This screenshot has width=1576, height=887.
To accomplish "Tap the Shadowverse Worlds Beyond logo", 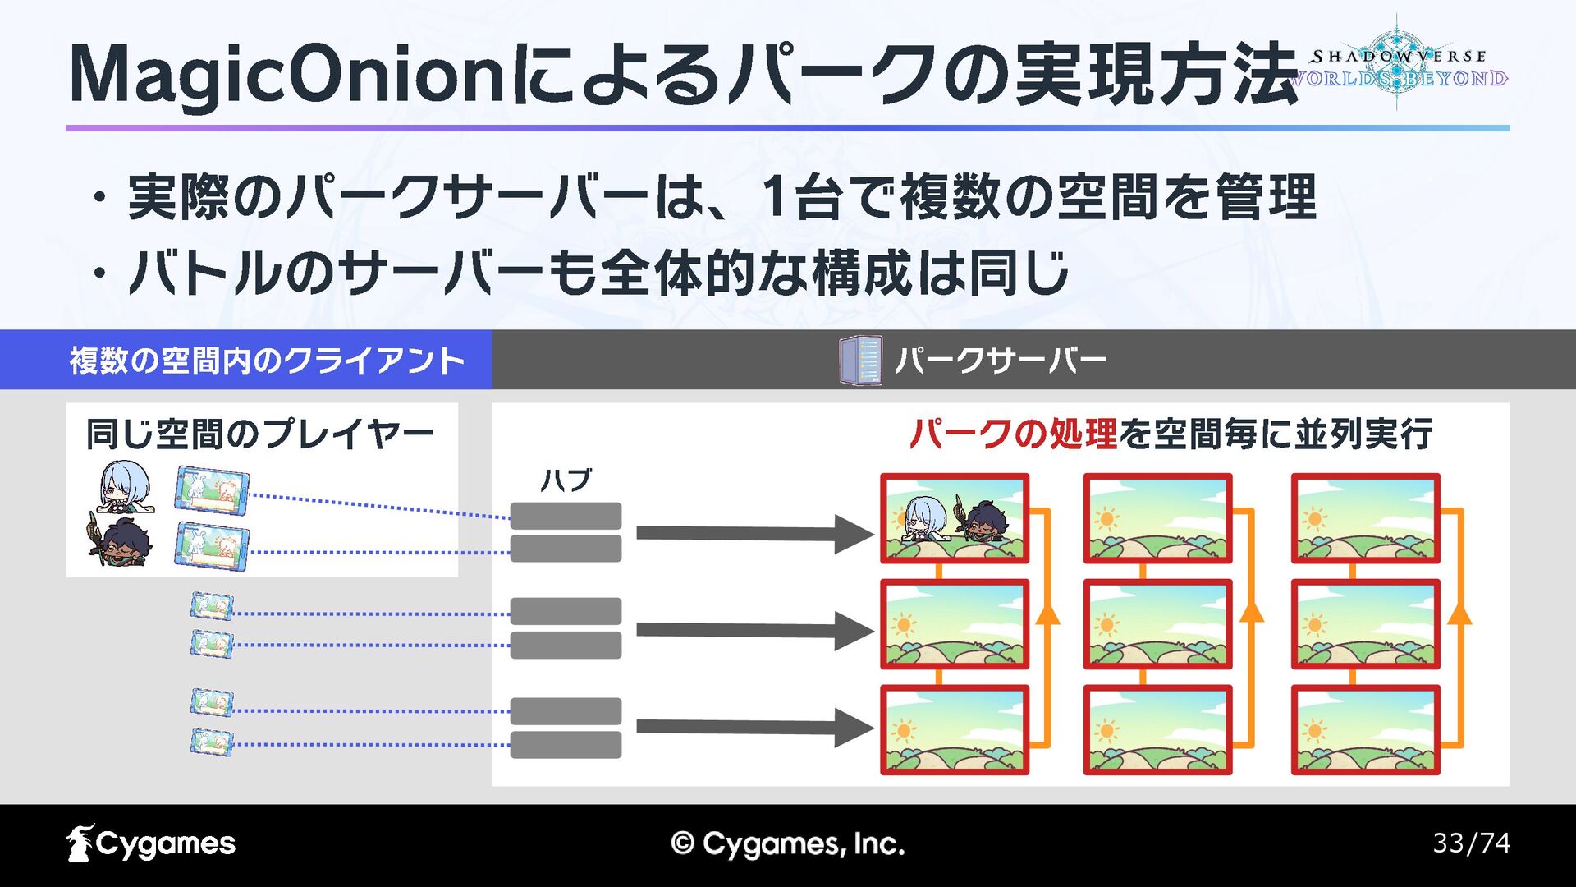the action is [1398, 66].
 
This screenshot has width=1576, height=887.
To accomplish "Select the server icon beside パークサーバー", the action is [860, 360].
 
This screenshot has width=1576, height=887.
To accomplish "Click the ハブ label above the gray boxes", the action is [566, 480].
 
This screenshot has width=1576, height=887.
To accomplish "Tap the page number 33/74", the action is [1471, 843].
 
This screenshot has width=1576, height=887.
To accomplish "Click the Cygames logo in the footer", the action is [151, 843].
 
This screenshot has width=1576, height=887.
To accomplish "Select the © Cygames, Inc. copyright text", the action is [787, 843].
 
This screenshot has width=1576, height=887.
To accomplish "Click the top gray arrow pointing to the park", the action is [754, 534].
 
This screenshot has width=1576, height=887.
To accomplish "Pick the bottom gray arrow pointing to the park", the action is [754, 728].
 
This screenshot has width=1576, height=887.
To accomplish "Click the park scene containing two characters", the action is [954, 518].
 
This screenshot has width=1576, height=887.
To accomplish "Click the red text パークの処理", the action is [1013, 434].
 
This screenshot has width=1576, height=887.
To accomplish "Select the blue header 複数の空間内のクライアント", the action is [267, 360].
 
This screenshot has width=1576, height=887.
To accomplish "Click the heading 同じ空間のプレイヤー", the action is [259, 434].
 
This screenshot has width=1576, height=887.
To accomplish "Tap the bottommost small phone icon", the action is [212, 742].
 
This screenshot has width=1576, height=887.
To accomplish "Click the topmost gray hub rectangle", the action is [566, 515].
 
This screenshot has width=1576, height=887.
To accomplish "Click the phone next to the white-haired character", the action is [212, 490].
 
